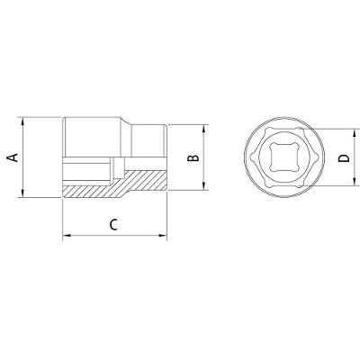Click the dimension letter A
tap(13, 157)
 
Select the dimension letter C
tap(113, 225)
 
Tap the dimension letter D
tap(345, 157)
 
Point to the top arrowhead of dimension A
tap(22, 121)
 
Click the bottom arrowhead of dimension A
tap(22, 193)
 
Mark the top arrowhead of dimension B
tap(203, 129)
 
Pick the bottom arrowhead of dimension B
tap(203, 185)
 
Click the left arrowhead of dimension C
tap(67, 236)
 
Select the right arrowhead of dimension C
tap(162, 236)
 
